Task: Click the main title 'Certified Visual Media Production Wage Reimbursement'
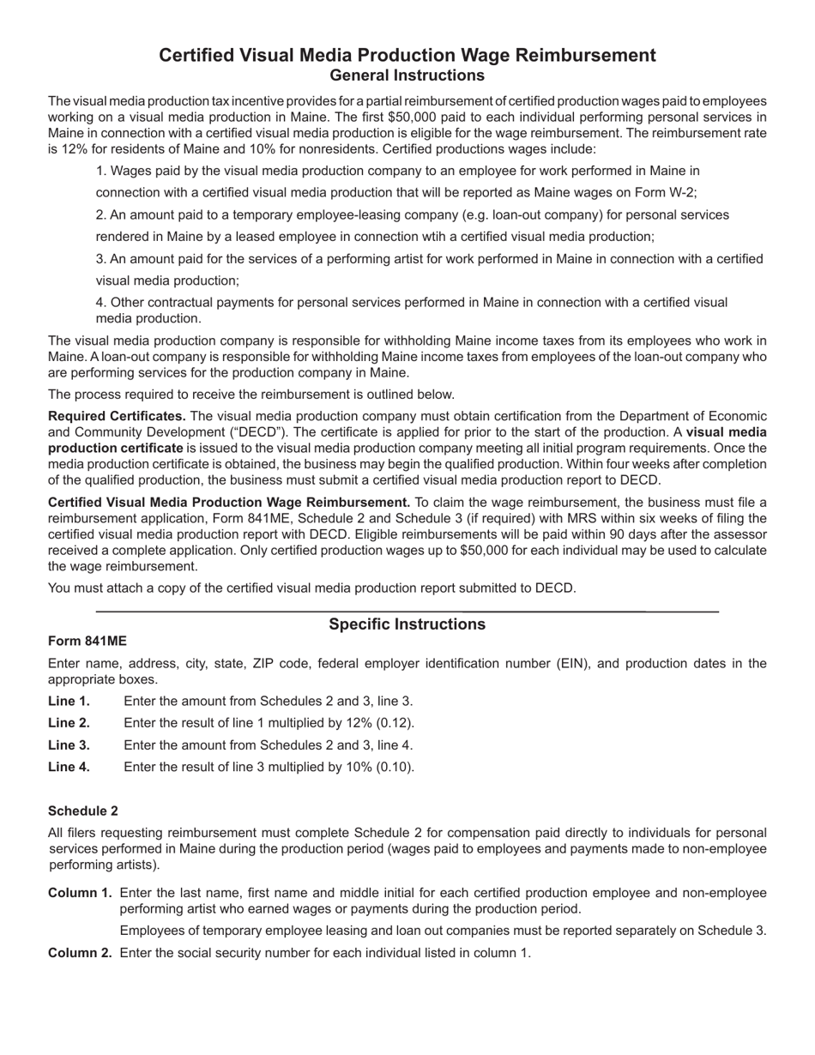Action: click(x=407, y=56)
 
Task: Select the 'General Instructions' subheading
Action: click(x=407, y=75)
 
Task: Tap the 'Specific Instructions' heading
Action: click(x=407, y=624)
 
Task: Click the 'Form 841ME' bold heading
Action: click(x=88, y=642)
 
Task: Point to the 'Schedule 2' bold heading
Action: click(x=83, y=811)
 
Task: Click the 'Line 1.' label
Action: click(x=69, y=702)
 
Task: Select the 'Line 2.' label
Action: click(x=69, y=723)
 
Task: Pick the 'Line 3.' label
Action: click(x=69, y=745)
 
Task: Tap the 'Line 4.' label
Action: click(x=69, y=767)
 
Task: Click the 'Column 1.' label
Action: click(x=80, y=893)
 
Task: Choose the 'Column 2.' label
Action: click(x=80, y=952)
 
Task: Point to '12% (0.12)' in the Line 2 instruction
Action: click(x=380, y=723)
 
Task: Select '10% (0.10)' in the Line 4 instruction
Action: click(x=380, y=767)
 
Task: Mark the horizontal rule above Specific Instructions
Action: click(x=407, y=611)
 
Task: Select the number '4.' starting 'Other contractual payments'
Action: click(x=101, y=303)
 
